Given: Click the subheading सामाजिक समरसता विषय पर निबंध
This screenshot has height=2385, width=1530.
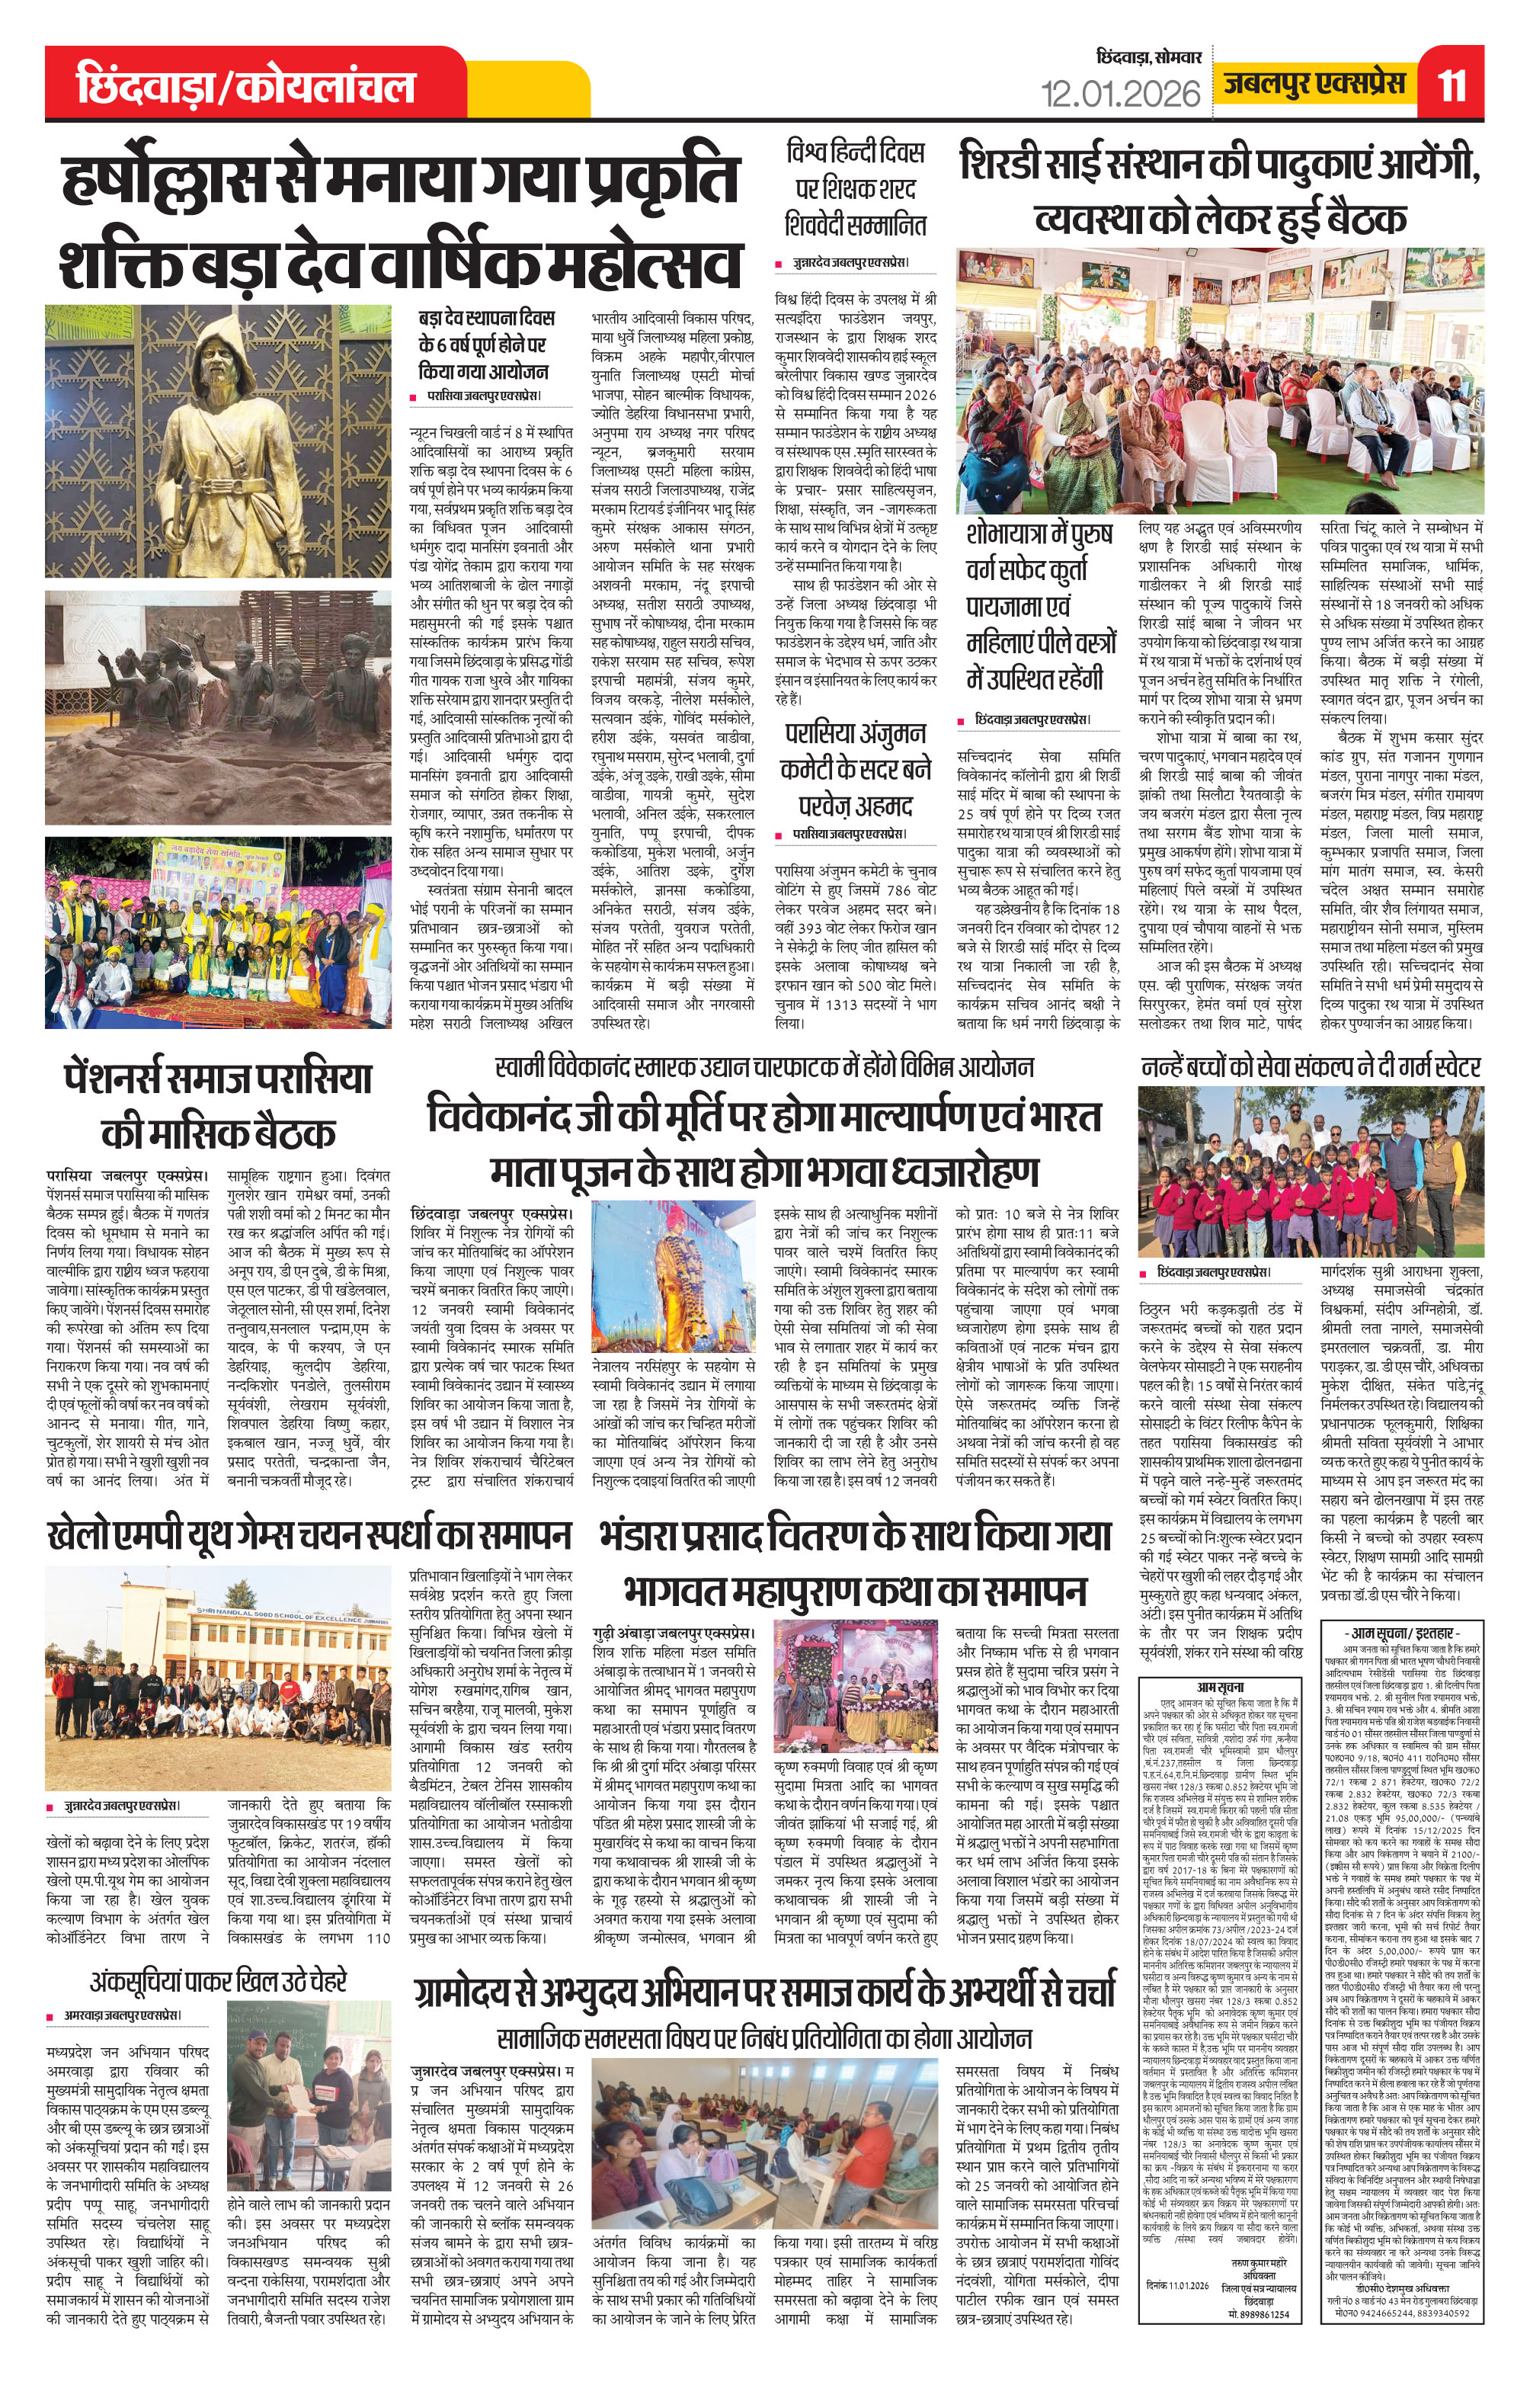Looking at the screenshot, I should tap(764, 2010).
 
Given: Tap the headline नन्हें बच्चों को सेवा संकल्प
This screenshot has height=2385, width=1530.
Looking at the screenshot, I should tap(1311, 1066).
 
